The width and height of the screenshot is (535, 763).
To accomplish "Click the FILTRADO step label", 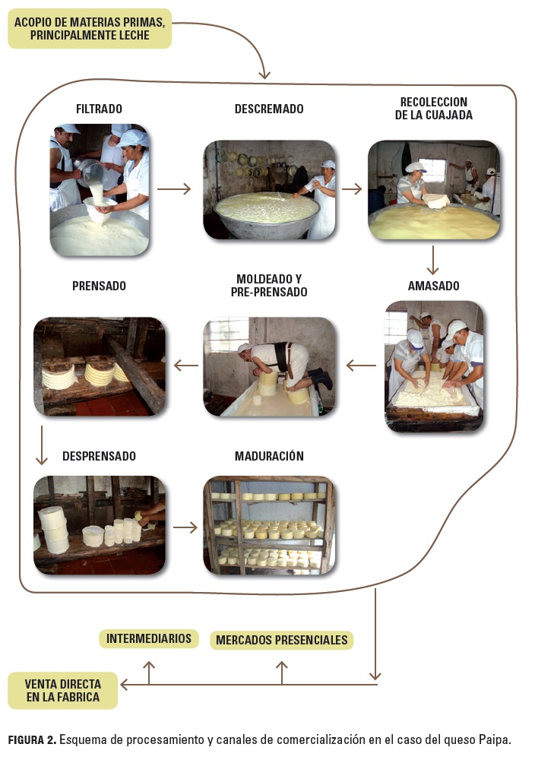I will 99,109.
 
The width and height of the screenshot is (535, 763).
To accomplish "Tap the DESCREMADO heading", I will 269,109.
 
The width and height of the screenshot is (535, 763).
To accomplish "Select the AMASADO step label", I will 433,287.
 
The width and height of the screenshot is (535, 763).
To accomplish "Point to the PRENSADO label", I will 99,287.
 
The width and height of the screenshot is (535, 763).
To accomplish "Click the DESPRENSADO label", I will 99,456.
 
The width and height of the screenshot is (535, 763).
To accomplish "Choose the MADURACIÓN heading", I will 269,456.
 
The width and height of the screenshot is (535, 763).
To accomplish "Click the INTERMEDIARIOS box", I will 149,638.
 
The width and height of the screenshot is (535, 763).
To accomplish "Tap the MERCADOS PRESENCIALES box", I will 282,640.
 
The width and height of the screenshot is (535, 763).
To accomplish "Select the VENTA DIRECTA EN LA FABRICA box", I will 62,690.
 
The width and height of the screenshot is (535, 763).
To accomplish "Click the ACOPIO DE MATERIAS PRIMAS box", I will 90,28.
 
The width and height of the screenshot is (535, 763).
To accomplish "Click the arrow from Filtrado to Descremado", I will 174,188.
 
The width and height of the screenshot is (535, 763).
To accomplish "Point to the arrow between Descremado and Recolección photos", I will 351,188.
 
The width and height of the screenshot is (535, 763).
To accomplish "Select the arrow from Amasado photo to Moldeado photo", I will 361,366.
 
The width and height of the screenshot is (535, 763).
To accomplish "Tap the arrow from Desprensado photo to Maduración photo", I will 185,526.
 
